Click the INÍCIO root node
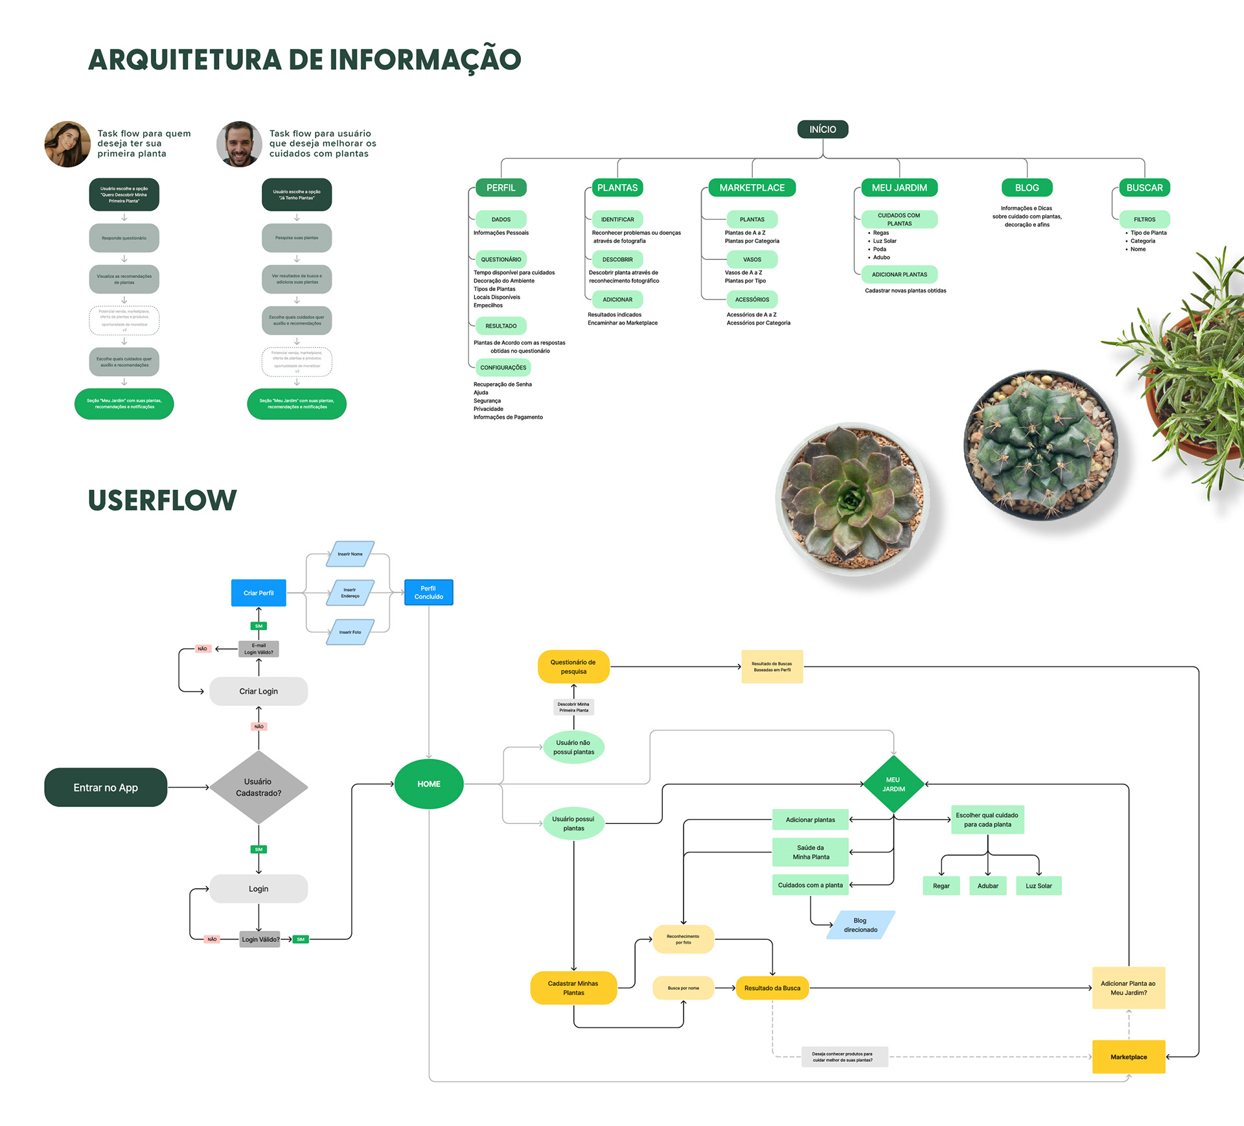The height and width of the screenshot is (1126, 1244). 822,130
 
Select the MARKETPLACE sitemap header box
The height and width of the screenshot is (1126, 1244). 752,188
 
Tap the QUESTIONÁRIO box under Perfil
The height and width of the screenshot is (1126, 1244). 501,259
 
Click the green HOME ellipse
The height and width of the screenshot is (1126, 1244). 429,784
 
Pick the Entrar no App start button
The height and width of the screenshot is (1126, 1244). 106,788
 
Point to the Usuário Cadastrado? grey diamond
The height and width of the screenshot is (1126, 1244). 259,788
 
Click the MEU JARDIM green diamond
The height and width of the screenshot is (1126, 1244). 893,784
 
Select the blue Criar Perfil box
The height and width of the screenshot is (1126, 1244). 259,593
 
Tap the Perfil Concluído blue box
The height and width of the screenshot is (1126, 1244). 428,592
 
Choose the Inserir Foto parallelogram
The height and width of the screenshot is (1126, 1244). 350,632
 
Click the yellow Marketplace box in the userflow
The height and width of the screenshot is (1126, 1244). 1129,1057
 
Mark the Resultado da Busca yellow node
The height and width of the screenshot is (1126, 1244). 772,988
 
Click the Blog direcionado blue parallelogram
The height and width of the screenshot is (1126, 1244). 860,925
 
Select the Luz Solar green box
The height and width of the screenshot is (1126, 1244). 1039,886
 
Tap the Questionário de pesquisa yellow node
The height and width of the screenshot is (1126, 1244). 573,666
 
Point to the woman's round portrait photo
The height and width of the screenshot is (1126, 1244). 67,144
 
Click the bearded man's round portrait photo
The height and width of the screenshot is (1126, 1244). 239,144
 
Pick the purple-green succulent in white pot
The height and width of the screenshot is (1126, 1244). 852,499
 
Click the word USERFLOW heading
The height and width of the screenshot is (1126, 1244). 163,500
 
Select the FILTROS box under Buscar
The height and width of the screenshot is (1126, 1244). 1144,219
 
